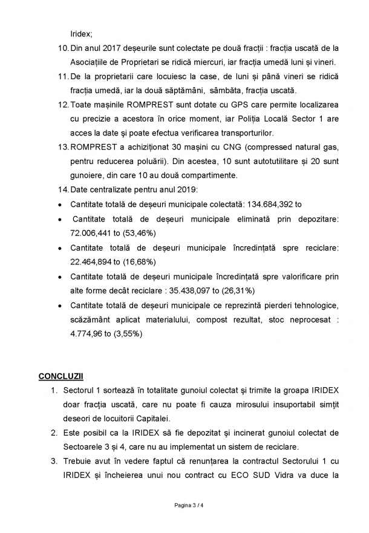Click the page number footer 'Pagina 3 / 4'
tap(184, 504)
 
